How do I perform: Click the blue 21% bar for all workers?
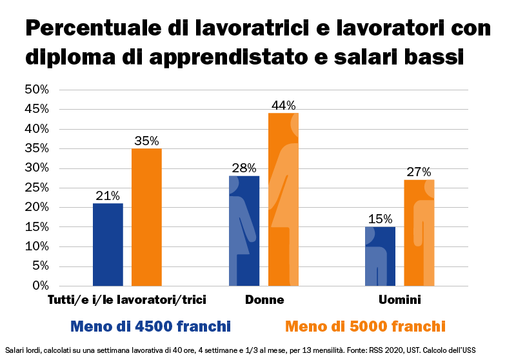click(108, 245)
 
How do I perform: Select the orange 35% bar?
click(146, 217)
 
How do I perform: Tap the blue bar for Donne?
click(244, 231)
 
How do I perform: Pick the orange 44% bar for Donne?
click(283, 199)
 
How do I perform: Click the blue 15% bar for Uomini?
click(380, 256)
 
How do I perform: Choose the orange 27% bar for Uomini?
click(419, 233)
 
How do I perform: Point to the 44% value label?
click(283, 105)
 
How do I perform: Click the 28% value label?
click(244, 168)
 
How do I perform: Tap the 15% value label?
click(380, 219)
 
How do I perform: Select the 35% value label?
click(146, 141)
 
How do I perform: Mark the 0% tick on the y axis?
click(41, 285)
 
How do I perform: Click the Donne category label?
click(264, 300)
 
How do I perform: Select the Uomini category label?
click(400, 300)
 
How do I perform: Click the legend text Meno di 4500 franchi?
click(150, 325)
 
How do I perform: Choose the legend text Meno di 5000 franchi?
click(365, 325)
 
